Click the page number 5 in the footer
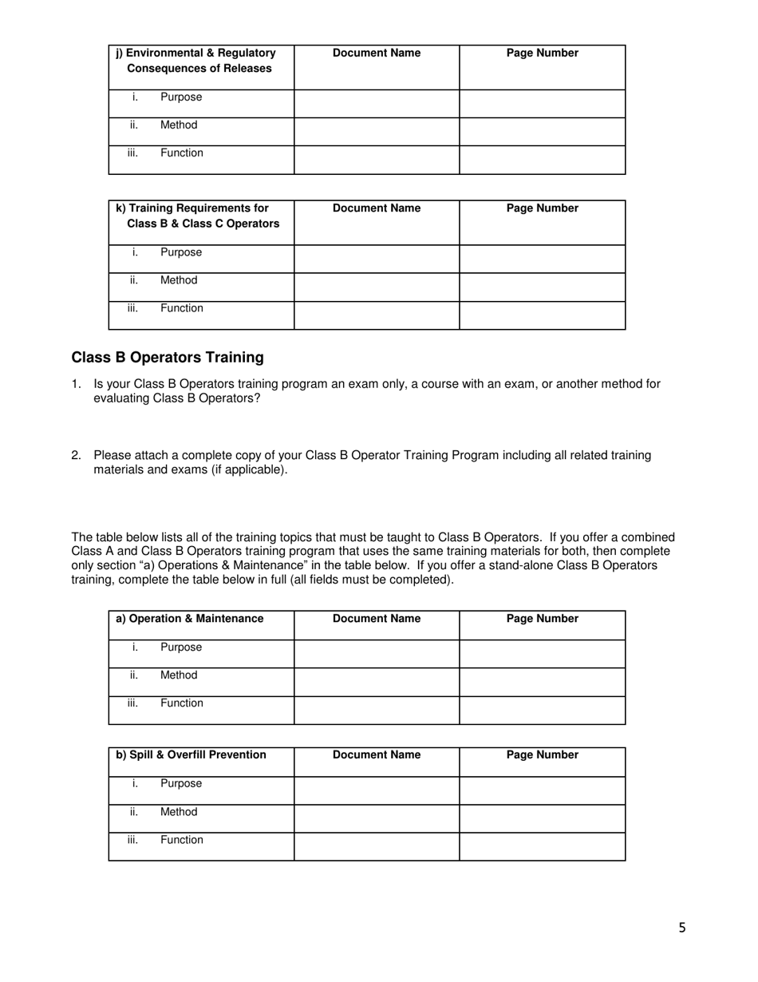click(682, 928)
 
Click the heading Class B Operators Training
click(168, 358)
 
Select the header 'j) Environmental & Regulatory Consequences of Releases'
click(196, 61)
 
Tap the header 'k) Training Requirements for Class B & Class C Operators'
click(198, 216)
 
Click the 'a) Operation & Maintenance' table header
click(190, 619)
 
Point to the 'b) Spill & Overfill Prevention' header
click(191, 755)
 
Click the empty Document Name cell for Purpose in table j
click(377, 104)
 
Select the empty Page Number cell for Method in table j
click(543, 132)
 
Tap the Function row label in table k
click(182, 309)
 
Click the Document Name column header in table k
click(377, 208)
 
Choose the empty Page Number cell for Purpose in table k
click(543, 259)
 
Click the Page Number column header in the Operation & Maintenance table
click(543, 619)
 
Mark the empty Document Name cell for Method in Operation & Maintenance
click(377, 682)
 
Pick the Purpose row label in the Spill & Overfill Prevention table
click(181, 784)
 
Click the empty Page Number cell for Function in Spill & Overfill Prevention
click(543, 846)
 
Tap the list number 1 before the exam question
click(76, 384)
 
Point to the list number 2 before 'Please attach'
click(76, 456)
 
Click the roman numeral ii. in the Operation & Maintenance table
click(134, 675)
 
